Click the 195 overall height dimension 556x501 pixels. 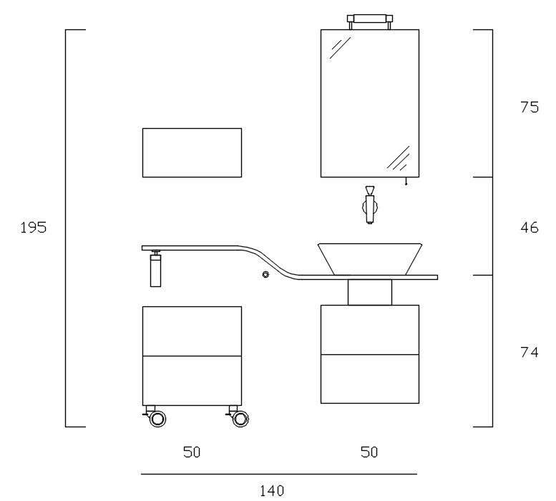pos(34,228)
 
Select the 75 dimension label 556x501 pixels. pos(530,107)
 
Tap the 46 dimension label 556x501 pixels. pos(530,228)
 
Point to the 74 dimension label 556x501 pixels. pos(530,352)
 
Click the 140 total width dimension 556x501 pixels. pos(272,491)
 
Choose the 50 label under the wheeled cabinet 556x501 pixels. pos(192,452)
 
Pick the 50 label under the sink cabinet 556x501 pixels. pos(369,452)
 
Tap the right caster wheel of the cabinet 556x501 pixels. pos(240,418)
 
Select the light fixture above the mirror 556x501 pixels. pos(369,21)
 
